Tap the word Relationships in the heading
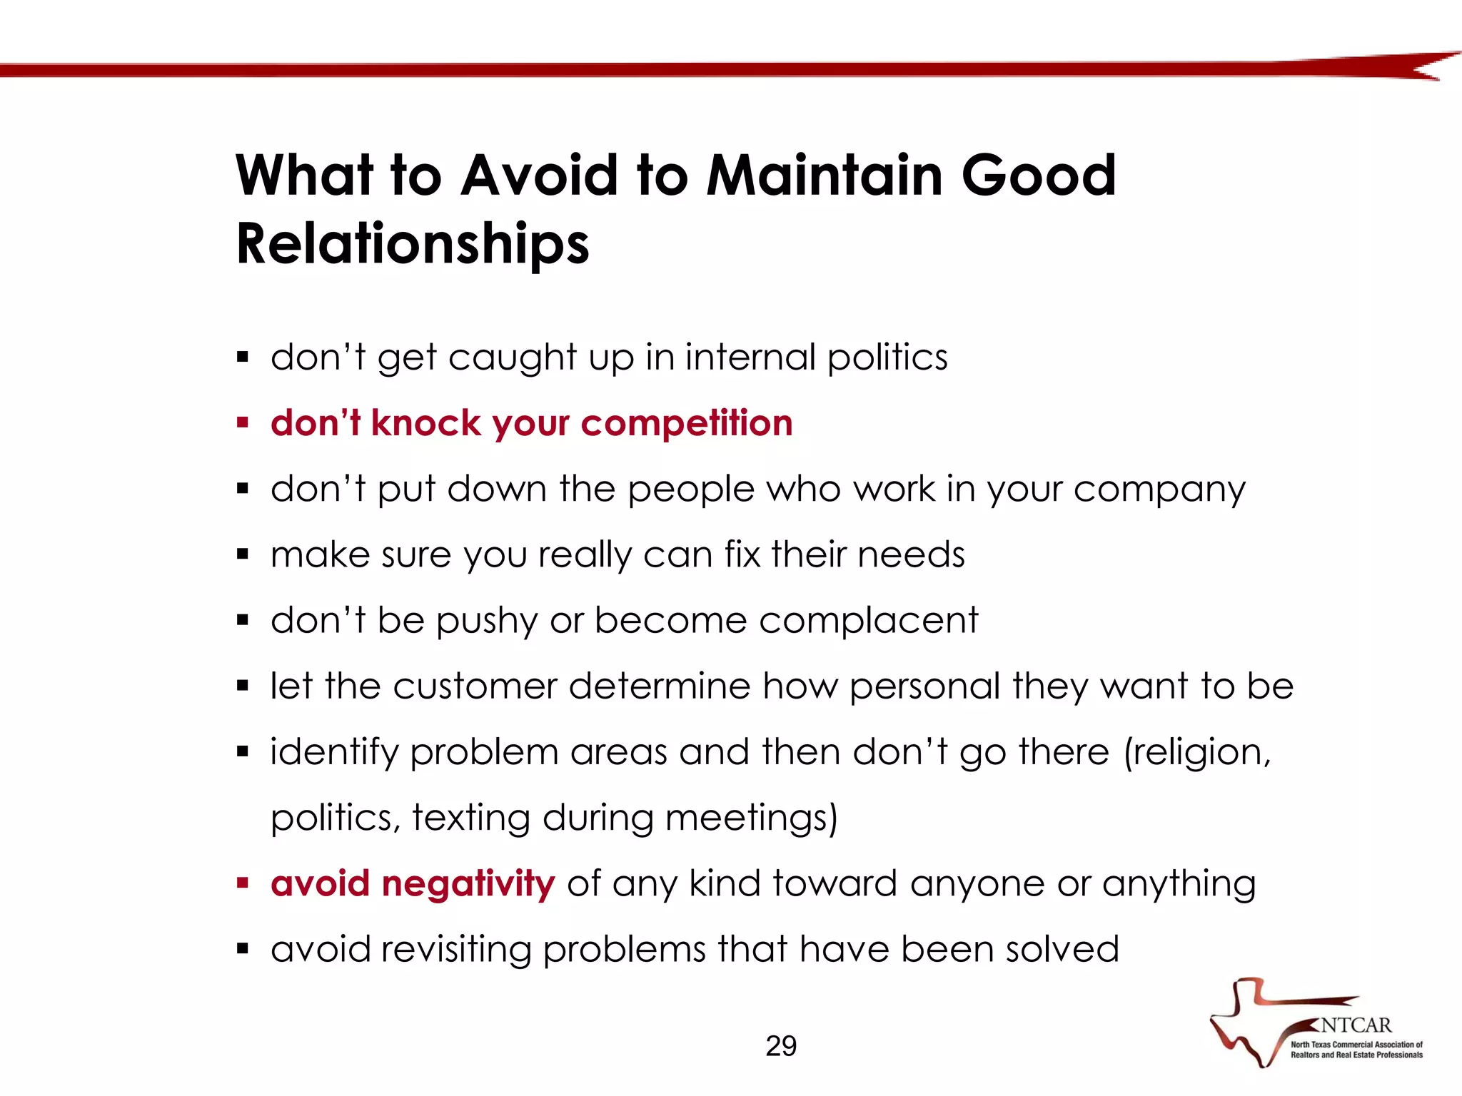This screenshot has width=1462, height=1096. point(413,243)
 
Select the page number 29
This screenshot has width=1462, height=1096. point(781,1046)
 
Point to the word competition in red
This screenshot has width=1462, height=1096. point(687,423)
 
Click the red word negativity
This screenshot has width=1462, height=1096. point(468,883)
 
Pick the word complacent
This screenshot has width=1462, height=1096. point(868,620)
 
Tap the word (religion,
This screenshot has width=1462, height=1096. point(1197,752)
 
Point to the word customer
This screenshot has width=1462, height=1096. point(475,686)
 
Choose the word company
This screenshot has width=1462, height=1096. point(1159,489)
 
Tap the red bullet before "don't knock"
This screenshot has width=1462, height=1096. point(243,423)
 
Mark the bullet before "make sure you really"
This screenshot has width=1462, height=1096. point(243,554)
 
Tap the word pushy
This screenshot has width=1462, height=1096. point(487,621)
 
